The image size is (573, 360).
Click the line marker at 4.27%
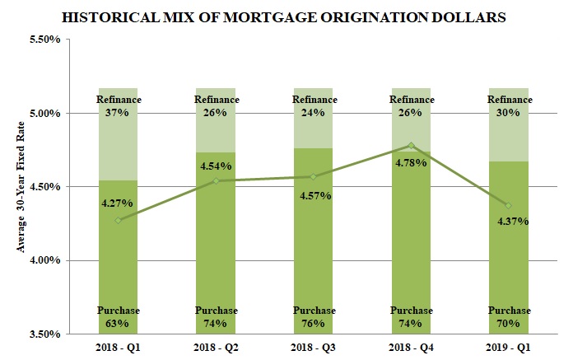point(119,220)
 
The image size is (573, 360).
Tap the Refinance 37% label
point(119,106)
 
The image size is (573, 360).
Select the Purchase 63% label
point(119,317)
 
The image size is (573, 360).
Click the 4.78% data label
point(411,162)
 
